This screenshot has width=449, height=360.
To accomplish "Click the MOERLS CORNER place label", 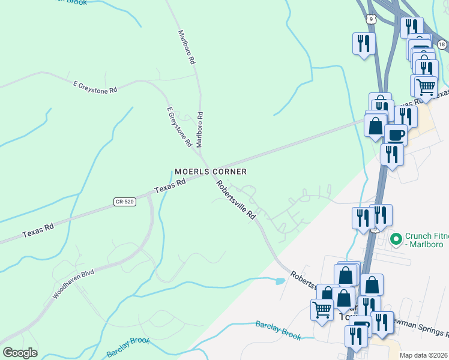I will pos(211,172).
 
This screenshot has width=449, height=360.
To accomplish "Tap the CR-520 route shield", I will pos(124,202).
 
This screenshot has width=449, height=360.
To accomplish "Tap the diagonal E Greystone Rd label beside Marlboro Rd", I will pos(179,127).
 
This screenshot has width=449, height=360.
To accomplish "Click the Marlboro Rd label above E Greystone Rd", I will pos(185,47).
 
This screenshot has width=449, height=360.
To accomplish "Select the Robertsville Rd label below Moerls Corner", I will pos(237,200).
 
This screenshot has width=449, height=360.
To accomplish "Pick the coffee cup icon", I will pos(396,134).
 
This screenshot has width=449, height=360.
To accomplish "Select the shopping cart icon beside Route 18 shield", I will pos(426,86).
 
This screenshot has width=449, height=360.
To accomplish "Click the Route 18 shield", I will pos(442,44).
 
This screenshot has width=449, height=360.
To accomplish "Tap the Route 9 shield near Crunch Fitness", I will pos(375,229).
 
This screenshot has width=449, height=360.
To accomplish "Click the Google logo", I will pos(20,353).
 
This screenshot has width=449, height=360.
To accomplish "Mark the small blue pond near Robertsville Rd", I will pos(279,281).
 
